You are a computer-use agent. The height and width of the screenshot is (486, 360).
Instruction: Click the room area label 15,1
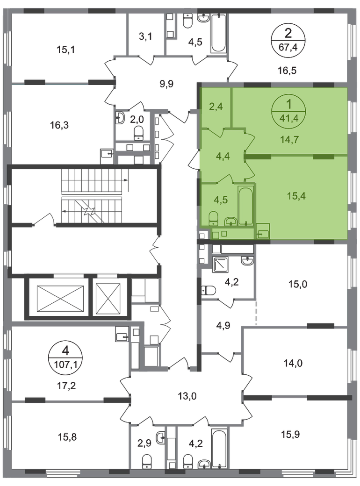coord(66,49)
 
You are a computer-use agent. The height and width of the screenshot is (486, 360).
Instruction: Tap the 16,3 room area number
coord(59,125)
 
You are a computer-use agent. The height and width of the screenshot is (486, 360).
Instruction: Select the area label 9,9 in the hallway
coord(166,84)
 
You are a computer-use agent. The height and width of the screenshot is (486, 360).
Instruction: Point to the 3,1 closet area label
coord(145,36)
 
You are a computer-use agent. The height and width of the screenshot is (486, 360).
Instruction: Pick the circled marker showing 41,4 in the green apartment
coord(288,111)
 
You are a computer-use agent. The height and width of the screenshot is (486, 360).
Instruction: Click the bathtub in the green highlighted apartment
coord(246,206)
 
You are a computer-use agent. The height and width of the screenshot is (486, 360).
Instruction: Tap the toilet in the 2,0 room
coord(138,134)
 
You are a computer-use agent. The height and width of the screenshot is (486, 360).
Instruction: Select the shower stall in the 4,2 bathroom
coord(221,264)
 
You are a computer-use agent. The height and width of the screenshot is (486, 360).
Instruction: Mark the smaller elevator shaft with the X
coord(108,299)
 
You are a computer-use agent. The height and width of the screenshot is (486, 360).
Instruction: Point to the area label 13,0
coord(187,396)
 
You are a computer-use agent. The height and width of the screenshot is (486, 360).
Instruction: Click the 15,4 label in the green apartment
coord(296,196)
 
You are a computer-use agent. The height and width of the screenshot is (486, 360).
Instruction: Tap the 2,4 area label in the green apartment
coord(216,107)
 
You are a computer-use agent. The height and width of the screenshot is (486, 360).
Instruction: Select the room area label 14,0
coord(293,363)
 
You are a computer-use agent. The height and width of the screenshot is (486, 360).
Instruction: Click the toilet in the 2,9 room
coord(147,461)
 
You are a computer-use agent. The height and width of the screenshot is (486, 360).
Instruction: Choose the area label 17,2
coord(67,386)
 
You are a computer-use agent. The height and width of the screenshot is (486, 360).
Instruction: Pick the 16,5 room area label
coord(287,71)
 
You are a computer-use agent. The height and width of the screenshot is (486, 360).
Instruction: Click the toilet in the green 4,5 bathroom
coord(213,218)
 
